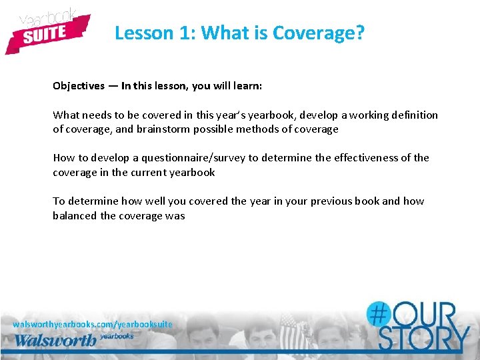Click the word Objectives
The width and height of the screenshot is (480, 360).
(x=79, y=86)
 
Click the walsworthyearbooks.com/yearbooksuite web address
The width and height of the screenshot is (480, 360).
(x=93, y=324)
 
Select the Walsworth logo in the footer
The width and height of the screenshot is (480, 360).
(x=57, y=340)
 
